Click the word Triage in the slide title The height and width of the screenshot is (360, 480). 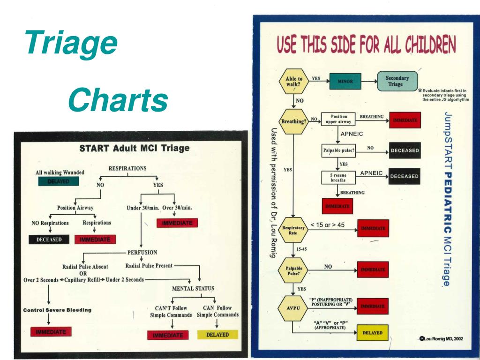pyautogui.click(x=72, y=43)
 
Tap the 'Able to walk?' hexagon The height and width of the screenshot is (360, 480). pyautogui.click(x=294, y=82)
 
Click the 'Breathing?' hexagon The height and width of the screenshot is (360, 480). pyautogui.click(x=294, y=121)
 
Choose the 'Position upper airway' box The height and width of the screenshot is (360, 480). pyautogui.click(x=339, y=119)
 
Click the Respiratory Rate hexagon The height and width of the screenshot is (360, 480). pyautogui.click(x=293, y=230)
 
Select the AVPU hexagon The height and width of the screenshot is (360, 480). pyautogui.click(x=292, y=308)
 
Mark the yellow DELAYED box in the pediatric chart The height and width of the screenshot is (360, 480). pyautogui.click(x=373, y=333)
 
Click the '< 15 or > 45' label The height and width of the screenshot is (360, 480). pyautogui.click(x=328, y=225)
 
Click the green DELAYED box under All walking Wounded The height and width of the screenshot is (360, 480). pyautogui.click(x=58, y=181)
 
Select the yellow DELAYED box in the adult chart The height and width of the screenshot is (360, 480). pyautogui.click(x=217, y=335)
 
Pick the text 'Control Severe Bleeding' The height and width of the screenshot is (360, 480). pyautogui.click(x=57, y=310)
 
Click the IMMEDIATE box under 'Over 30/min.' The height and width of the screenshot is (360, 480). pyautogui.click(x=177, y=223)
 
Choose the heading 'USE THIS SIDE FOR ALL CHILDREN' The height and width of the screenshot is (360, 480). pyautogui.click(x=366, y=46)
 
